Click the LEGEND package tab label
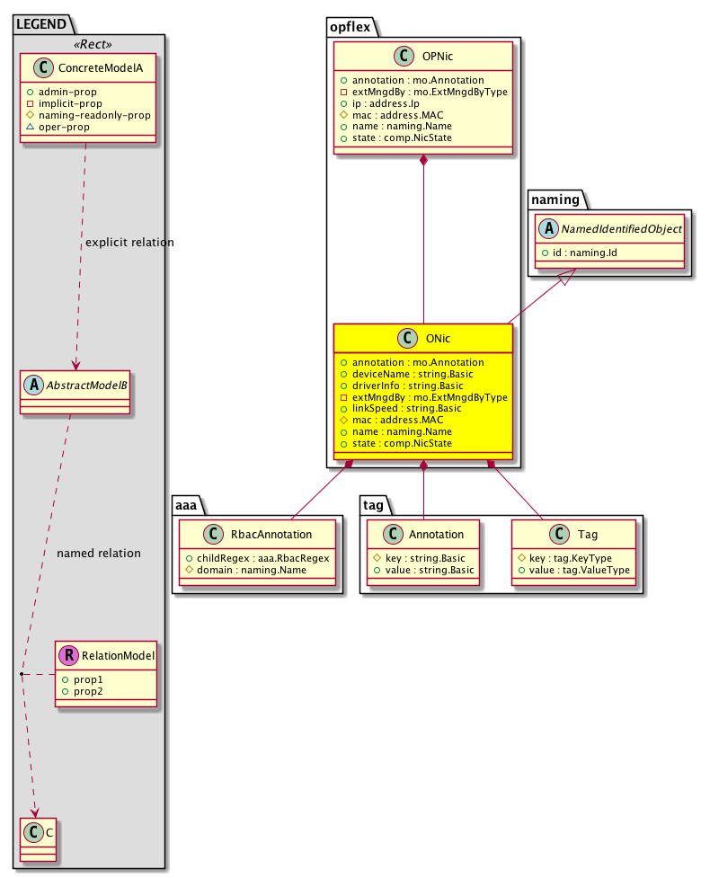pyautogui.click(x=41, y=24)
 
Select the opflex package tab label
pyautogui.click(x=350, y=27)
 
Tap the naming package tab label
pyautogui.click(x=555, y=200)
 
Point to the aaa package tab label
pyautogui.click(x=186, y=505)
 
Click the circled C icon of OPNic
pyautogui.click(x=404, y=56)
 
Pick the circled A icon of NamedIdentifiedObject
pyautogui.click(x=549, y=228)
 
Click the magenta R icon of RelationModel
pyautogui.click(x=69, y=655)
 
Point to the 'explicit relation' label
pyautogui.click(x=129, y=243)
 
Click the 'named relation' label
pyautogui.click(x=99, y=554)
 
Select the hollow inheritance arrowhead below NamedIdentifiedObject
pyautogui.click(x=567, y=276)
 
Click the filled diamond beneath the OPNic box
pyautogui.click(x=424, y=161)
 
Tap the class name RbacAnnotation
pyautogui.click(x=271, y=534)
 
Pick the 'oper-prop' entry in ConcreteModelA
pyautogui.click(x=64, y=127)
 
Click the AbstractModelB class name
pyautogui.click(x=87, y=386)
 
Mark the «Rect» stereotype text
pyautogui.click(x=93, y=44)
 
